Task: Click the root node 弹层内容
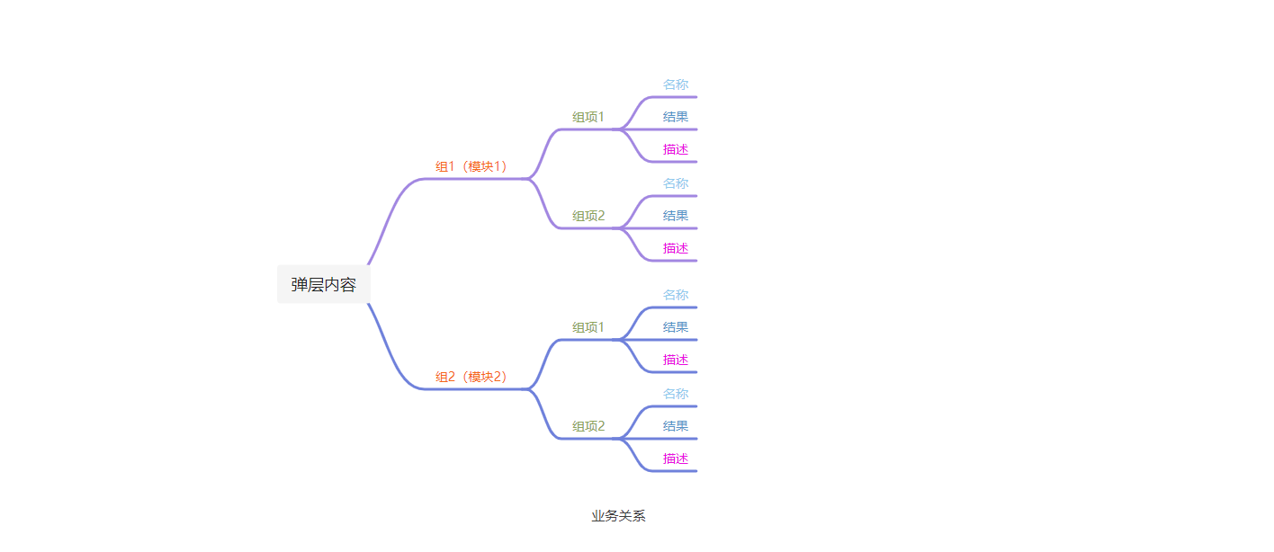click(323, 285)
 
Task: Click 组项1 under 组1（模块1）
click(588, 117)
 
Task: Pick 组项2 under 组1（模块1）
click(588, 216)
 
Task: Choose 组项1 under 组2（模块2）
click(588, 327)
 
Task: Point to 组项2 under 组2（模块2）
click(588, 426)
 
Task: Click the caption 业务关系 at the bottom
click(618, 516)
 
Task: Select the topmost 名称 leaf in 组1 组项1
click(676, 85)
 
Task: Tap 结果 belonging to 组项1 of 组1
click(676, 117)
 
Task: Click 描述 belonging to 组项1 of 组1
click(676, 149)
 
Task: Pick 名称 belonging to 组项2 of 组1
click(676, 183)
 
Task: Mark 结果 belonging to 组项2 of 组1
click(676, 216)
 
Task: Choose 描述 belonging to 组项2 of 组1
click(676, 248)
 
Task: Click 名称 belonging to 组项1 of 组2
click(676, 295)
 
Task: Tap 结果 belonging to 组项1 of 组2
click(676, 327)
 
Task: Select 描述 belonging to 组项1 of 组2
click(676, 360)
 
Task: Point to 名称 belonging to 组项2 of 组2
click(676, 394)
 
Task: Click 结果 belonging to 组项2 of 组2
click(676, 426)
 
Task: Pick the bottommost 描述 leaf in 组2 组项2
click(676, 459)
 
